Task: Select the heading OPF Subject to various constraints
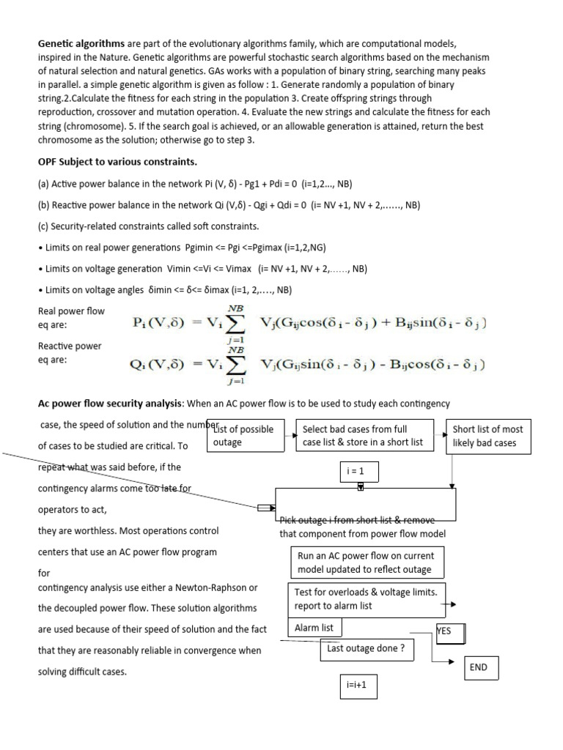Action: [117, 161]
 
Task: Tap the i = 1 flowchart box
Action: [359, 472]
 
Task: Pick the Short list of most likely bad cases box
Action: [487, 436]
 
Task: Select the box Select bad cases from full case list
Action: [364, 436]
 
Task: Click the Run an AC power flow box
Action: [367, 562]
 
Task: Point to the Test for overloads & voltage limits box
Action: [367, 598]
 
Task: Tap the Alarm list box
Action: [314, 628]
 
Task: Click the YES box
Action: [451, 631]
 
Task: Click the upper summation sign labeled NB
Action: [236, 322]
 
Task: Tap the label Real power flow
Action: [71, 311]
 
